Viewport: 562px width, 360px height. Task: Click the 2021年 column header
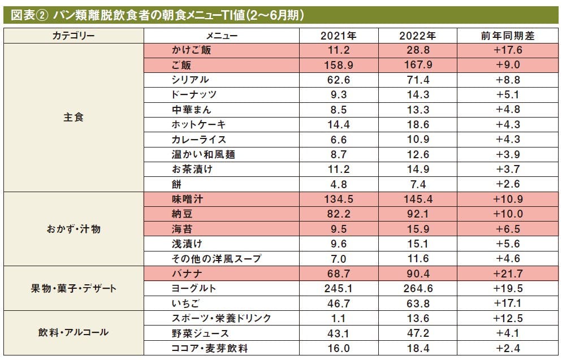(339, 36)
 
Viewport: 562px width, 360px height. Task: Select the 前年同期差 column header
(507, 36)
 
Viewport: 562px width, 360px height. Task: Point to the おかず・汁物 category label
(74, 229)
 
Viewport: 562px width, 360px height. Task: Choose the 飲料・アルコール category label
(74, 332)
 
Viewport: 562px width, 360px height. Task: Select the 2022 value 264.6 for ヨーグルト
(417, 289)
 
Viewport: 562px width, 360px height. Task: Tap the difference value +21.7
(507, 274)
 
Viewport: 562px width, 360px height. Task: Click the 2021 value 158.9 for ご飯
(339, 65)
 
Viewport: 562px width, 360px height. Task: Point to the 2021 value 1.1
(339, 318)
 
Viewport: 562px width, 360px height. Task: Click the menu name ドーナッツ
(194, 95)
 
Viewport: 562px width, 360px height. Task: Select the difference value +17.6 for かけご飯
(507, 50)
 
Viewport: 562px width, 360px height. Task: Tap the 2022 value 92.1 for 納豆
(417, 214)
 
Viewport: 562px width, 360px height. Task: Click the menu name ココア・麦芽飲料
(210, 348)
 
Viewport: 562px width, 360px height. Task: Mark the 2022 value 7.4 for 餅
(417, 184)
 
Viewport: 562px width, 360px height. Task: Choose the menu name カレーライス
(198, 140)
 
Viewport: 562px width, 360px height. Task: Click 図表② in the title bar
(28, 15)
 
